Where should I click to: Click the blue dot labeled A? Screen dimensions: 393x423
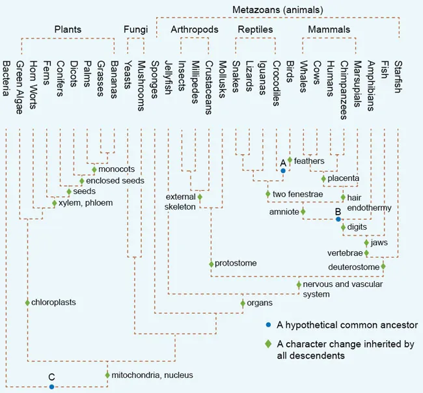[x=283, y=170]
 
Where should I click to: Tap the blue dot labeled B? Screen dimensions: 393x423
[x=338, y=219]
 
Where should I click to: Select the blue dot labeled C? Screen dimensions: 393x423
[x=52, y=386]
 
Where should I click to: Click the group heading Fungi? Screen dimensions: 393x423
[x=136, y=30]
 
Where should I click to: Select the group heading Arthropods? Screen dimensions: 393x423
[x=195, y=30]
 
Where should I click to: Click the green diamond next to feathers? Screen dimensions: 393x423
[x=290, y=160]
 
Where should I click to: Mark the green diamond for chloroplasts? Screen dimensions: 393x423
[x=27, y=303]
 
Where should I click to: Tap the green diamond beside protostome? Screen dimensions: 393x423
[x=211, y=264]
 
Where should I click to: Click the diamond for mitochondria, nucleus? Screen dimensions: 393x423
[x=107, y=375]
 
